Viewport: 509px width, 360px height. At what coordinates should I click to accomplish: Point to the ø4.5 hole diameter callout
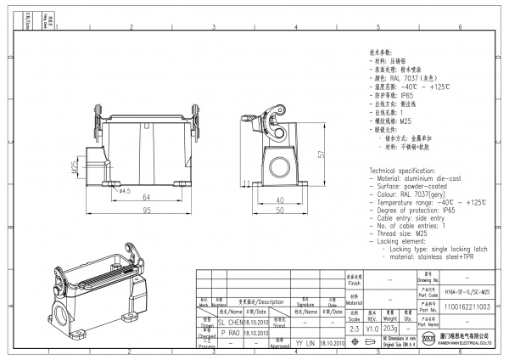[x=123, y=191]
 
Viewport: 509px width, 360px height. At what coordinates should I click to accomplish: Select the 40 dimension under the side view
[x=280, y=200]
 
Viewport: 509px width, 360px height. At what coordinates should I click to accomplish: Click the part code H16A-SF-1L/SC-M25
[x=467, y=290]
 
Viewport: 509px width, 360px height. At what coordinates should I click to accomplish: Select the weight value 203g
[x=390, y=327]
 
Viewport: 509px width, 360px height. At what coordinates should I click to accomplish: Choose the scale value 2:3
[x=355, y=327]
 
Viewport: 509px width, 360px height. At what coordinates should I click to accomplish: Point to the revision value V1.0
[x=372, y=327]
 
